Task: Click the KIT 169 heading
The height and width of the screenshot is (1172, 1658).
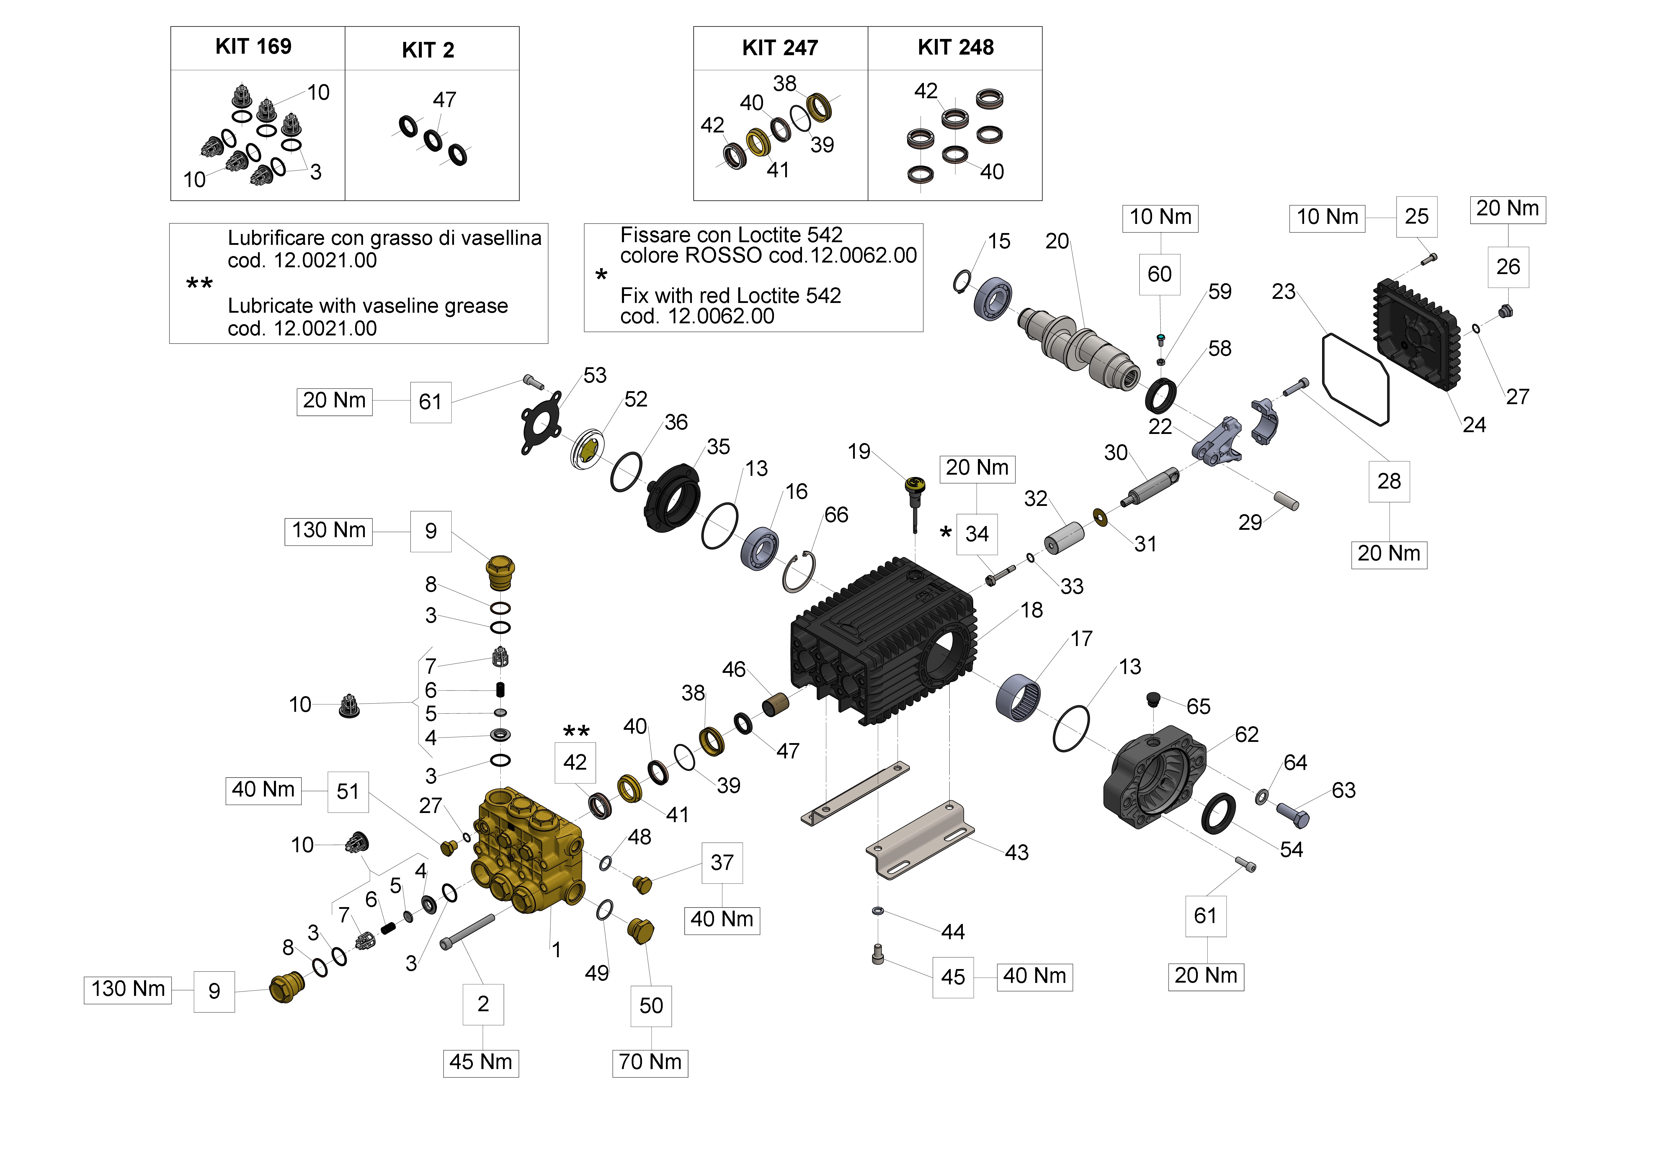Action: click(x=254, y=47)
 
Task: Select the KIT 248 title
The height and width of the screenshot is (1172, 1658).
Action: click(x=955, y=47)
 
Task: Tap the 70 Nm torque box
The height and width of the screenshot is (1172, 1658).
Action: click(x=650, y=1062)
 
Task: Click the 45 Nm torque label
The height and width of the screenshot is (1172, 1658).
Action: click(x=481, y=1062)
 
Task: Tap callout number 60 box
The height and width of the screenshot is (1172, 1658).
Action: click(x=1160, y=274)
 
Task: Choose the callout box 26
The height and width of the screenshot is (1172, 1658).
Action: click(x=1508, y=267)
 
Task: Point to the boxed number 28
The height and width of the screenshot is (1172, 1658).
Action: click(x=1389, y=481)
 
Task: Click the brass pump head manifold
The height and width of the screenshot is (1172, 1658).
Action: click(x=527, y=852)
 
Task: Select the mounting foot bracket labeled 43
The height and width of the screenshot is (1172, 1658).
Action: click(x=921, y=841)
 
